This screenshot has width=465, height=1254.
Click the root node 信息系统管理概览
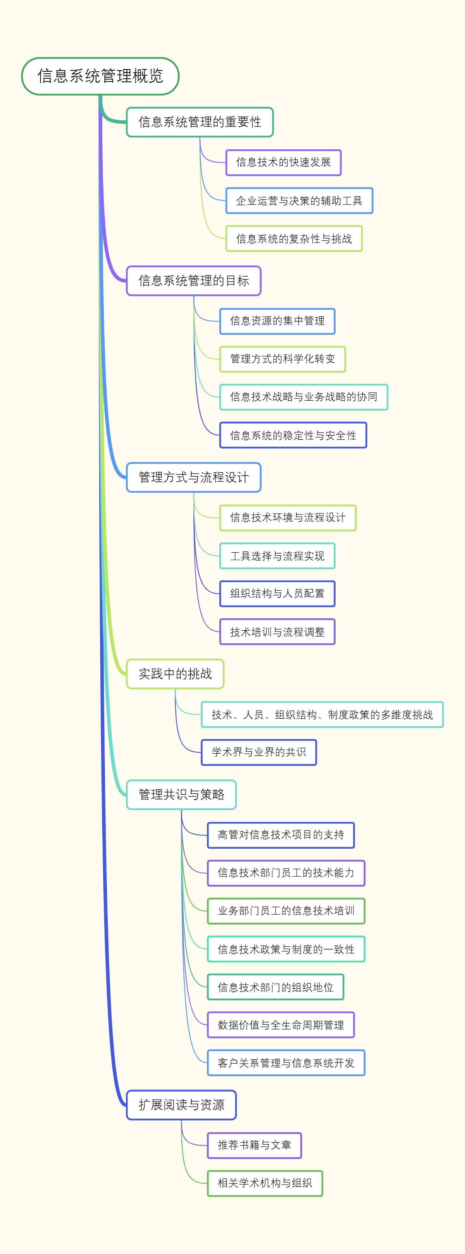[x=100, y=76]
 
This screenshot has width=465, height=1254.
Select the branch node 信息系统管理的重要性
[x=200, y=122]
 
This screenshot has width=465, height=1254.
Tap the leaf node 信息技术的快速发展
[x=283, y=162]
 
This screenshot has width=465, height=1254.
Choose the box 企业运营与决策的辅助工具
[x=299, y=201]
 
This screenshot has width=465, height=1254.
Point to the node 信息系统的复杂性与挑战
[x=294, y=239]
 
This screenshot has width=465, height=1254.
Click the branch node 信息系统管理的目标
[x=194, y=280]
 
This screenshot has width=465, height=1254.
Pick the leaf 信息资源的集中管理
[x=277, y=321]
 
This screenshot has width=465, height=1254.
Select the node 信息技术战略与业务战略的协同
[x=303, y=397]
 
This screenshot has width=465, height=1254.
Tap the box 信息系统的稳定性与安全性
[x=293, y=435]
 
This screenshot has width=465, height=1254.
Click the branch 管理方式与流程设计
[x=194, y=477]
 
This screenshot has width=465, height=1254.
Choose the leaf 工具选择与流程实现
[x=277, y=555]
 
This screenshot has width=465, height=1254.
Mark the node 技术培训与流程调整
[x=277, y=631]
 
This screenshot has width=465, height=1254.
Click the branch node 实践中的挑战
[x=175, y=674]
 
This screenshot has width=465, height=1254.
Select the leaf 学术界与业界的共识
[x=259, y=752]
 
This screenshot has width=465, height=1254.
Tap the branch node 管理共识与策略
[x=181, y=794]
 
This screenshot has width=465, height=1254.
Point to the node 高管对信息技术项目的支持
[x=281, y=835]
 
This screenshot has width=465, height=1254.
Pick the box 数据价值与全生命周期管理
[x=281, y=1025]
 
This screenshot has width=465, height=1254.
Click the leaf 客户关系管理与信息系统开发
[x=286, y=1063]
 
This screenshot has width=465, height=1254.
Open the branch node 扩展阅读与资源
[x=181, y=1105]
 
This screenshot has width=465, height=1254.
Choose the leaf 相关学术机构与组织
[x=265, y=1183]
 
